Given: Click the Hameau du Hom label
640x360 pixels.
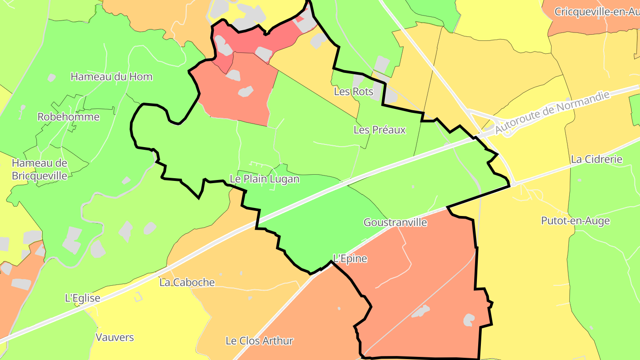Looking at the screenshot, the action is (x=112, y=76).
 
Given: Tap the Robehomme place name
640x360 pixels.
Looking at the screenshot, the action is (x=68, y=117).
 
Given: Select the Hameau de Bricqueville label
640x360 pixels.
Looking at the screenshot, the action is (x=40, y=169).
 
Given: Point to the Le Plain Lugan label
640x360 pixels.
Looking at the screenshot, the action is (x=264, y=179).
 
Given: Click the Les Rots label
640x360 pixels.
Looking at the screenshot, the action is (x=353, y=92).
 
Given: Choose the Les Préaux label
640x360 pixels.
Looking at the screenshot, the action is (x=380, y=130).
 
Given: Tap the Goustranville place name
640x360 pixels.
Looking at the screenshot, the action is (x=395, y=222).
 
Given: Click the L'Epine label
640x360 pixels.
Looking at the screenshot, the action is (x=350, y=259).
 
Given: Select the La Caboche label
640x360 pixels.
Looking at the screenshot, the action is (x=187, y=282).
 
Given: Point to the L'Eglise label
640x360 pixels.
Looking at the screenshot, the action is (x=83, y=298).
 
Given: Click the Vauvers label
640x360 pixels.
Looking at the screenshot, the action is (x=115, y=337).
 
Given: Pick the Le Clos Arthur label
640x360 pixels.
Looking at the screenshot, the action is (x=260, y=341).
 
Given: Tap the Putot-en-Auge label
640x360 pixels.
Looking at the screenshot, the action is (x=575, y=221).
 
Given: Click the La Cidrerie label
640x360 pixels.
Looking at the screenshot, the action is (x=597, y=159).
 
